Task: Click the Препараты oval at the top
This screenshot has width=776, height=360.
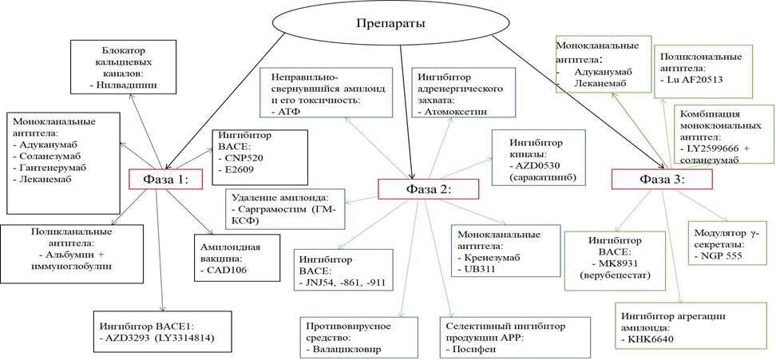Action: coord(390,22)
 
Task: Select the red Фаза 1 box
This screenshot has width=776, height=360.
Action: coord(164,180)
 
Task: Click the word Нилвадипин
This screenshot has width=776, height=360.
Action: coord(127,82)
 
